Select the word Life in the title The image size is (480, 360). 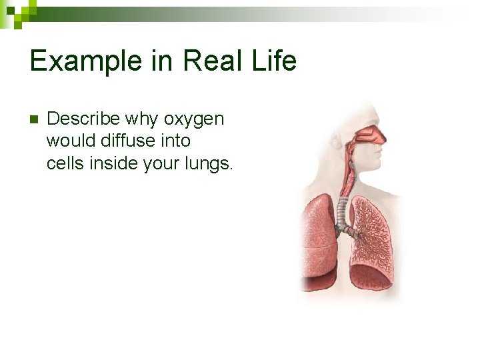tap(273, 61)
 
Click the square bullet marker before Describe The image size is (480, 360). tap(35, 120)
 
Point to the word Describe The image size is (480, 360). tap(83, 119)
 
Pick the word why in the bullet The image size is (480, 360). tap(141, 119)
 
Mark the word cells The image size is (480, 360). tap(64, 163)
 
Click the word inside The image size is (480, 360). tap(112, 163)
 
